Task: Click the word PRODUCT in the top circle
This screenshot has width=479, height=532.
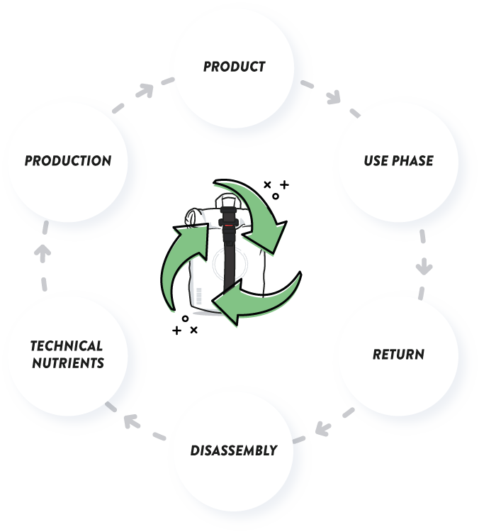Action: pos(234,67)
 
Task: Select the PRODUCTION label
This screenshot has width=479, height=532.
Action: pos(68,161)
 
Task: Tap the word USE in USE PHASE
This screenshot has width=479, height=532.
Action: pos(376,161)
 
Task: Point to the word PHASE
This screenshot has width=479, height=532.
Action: pos(413,161)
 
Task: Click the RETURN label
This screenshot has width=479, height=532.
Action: pos(398,353)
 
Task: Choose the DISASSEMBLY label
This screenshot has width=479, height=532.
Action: pos(234,450)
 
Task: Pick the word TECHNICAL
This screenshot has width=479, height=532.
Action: pos(67,346)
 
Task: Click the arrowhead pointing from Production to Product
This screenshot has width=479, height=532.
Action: pos(147,90)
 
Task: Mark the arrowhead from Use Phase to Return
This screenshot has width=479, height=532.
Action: pos(424,268)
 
